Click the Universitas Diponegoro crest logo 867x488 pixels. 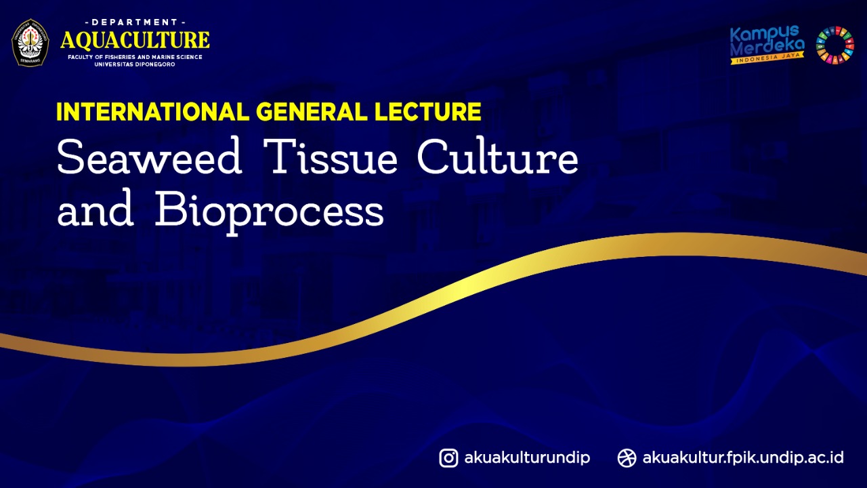pos(30,43)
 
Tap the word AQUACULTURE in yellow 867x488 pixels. pos(135,40)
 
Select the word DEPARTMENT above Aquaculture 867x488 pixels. pos(135,22)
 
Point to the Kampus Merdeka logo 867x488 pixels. pos(767,45)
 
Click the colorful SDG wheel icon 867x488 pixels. pos(835,45)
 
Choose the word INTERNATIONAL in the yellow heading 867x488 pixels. pos(153,112)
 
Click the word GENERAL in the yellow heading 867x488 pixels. pos(311,112)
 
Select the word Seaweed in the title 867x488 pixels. pos(150,157)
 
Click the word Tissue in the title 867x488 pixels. pos(331,156)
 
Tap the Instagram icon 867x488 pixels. pos(448,458)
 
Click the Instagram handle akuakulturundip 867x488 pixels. pos(527,458)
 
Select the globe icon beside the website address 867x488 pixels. pos(627,458)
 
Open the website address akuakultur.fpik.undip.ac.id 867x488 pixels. pos(743,458)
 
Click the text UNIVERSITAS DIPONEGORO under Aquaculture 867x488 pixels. pos(135,64)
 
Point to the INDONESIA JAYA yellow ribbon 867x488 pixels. pos(767,58)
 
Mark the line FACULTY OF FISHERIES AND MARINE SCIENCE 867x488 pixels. pos(135,57)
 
